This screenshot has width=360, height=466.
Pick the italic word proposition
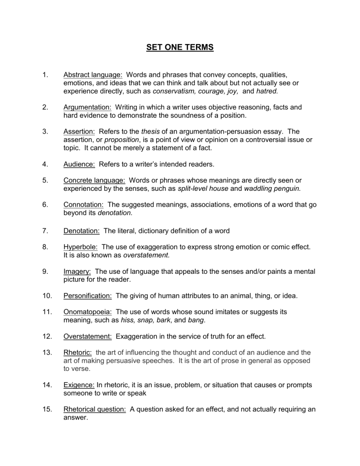(x=120, y=141)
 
